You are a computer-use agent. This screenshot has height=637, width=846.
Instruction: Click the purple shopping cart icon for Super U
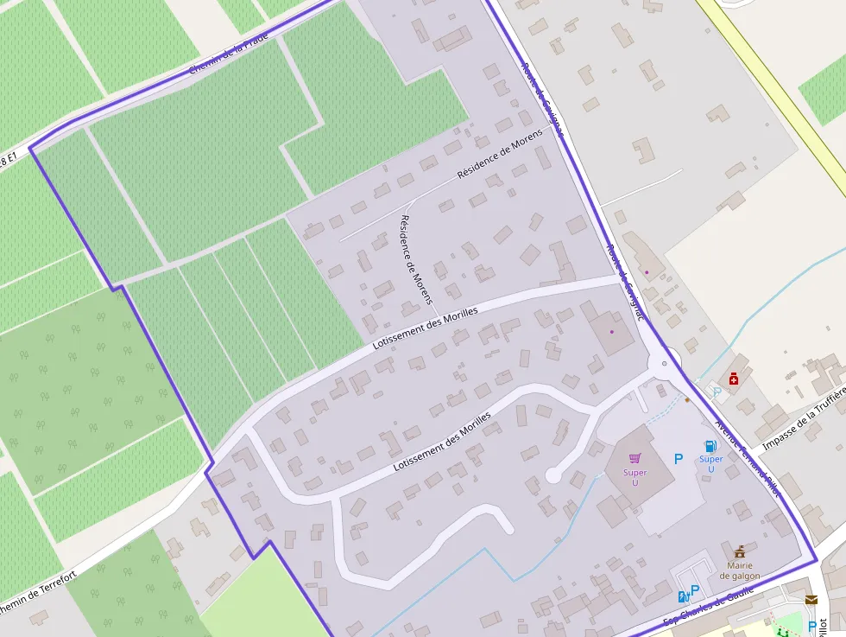pos(636,458)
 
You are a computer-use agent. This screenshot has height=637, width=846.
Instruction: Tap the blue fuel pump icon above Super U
pos(710,446)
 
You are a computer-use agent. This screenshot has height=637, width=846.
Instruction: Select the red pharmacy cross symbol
pos(734,379)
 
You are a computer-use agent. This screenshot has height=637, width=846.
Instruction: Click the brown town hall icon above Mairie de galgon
pos(740,551)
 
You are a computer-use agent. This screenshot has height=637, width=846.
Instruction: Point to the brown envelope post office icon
pos(811,599)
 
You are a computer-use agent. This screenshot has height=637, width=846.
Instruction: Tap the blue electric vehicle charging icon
pos(684,596)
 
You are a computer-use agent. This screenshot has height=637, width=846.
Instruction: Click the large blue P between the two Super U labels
pos(679,459)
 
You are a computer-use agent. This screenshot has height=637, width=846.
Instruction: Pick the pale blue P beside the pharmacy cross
pos(717,392)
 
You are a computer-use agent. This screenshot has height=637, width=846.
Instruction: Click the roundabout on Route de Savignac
pos(664,363)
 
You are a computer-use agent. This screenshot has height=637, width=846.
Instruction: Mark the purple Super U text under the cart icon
pos(635,477)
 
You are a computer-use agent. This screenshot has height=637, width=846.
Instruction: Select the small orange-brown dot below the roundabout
pos(687,399)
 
